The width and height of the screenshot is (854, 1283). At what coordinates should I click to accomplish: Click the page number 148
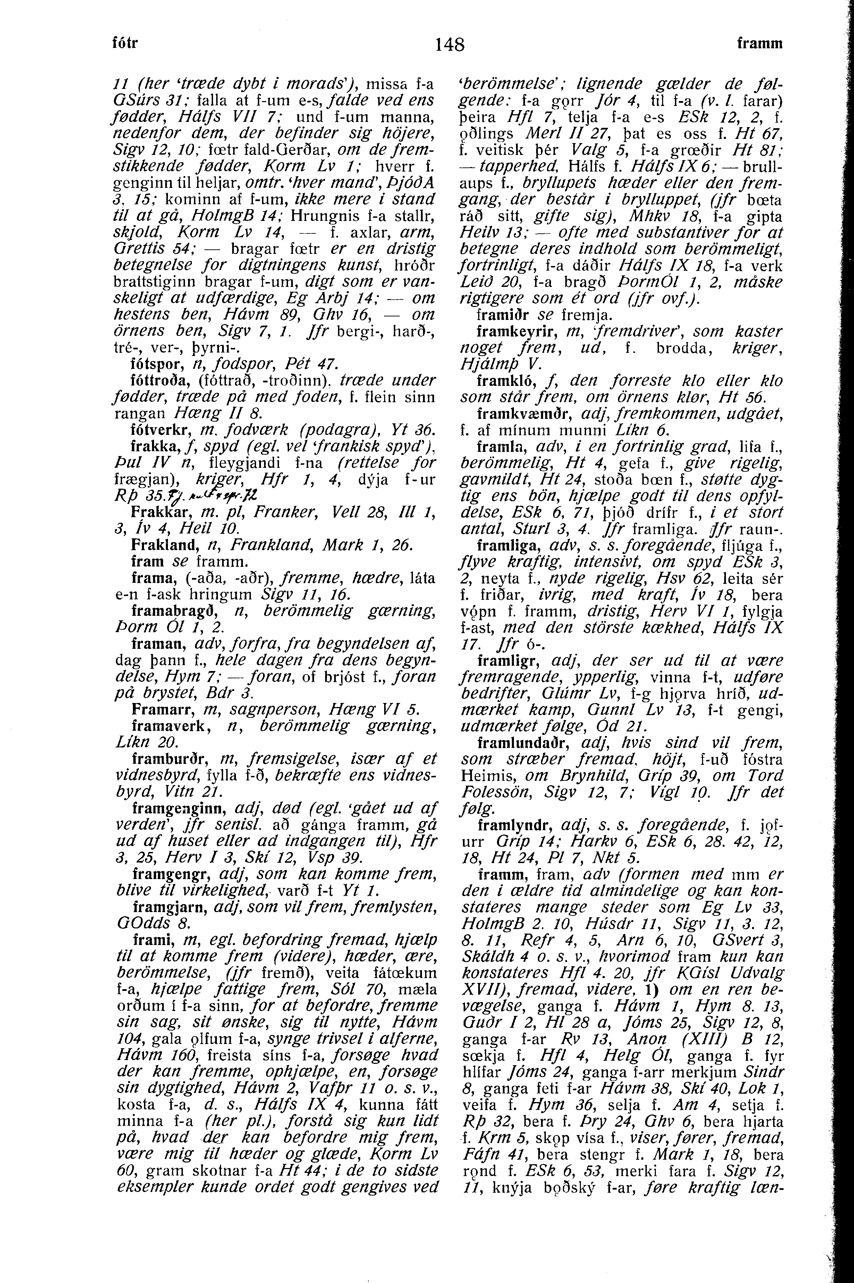coord(450,44)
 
